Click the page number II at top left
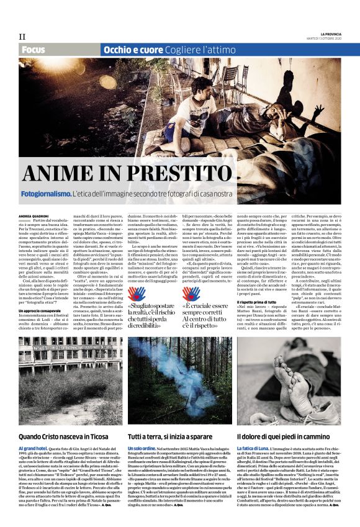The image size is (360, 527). pos(22,36)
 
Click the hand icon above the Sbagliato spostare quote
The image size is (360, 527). pos(137,293)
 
